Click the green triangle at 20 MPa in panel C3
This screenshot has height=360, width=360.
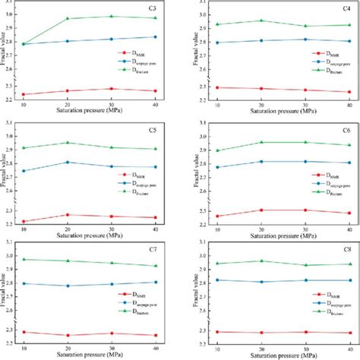click(67, 18)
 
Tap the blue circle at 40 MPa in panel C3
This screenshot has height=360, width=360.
click(156, 36)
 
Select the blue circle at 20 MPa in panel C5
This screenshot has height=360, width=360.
click(67, 162)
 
